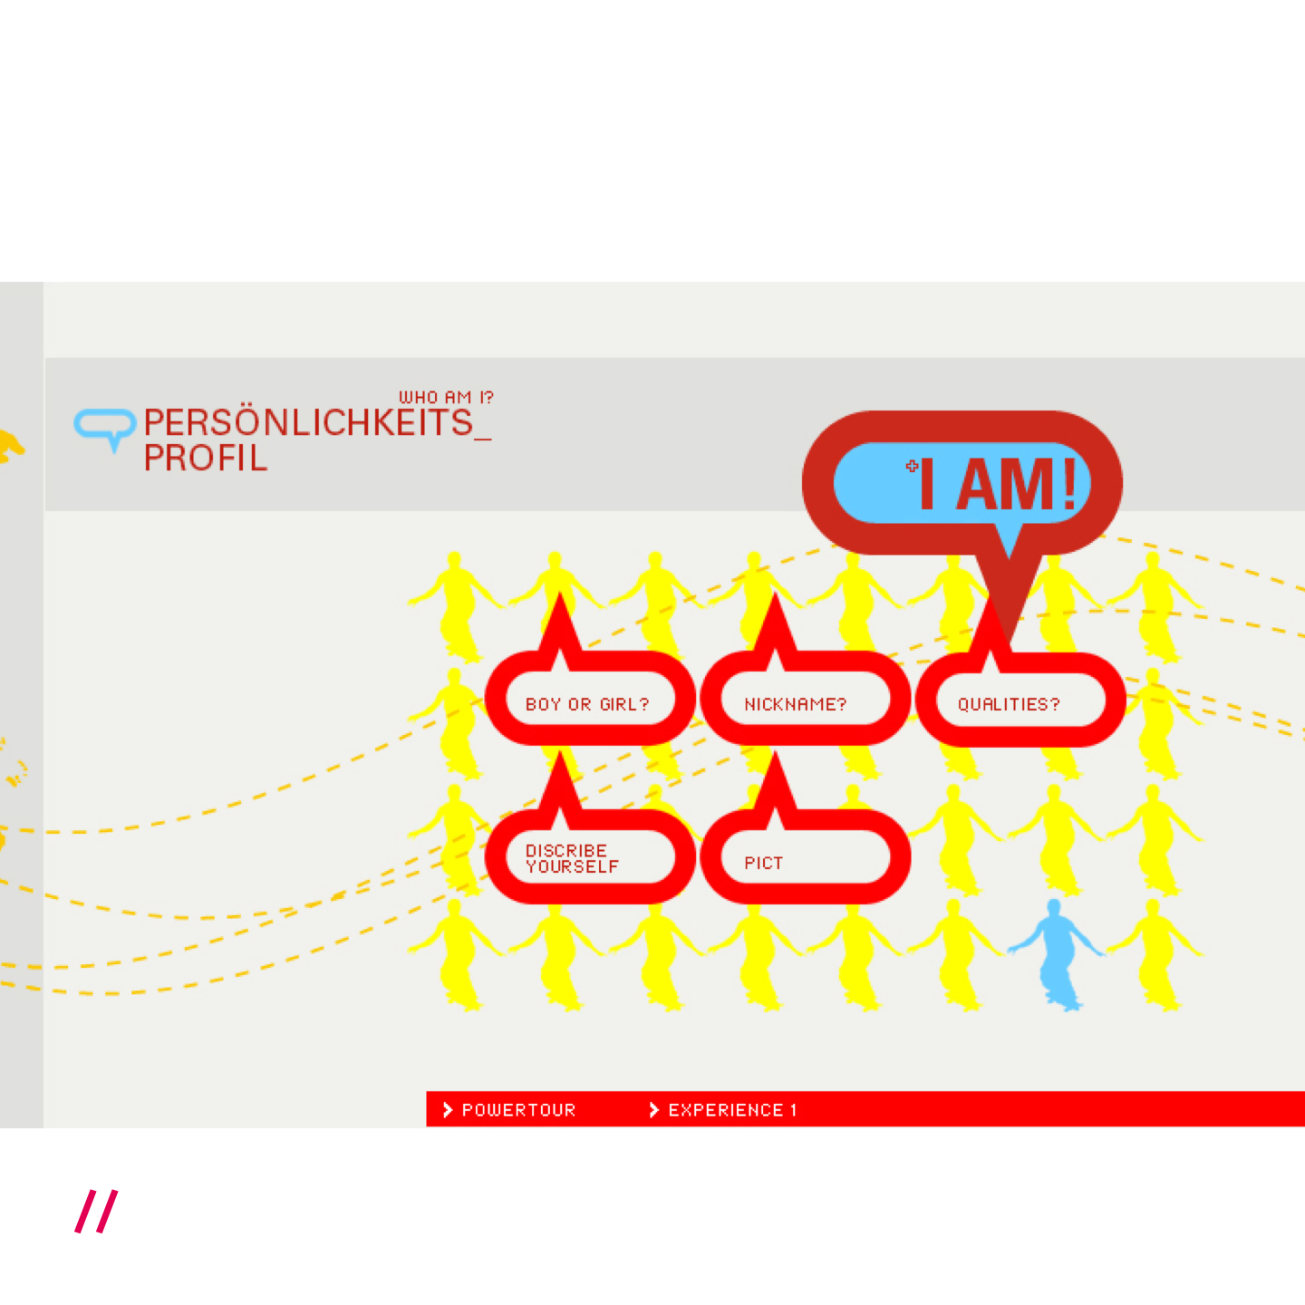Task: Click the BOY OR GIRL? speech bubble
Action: point(587,704)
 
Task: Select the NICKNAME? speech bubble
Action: point(795,704)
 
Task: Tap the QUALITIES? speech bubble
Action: point(1009,704)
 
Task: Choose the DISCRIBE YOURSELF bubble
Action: point(572,858)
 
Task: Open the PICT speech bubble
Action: point(763,863)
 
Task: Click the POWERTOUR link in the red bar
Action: point(518,1110)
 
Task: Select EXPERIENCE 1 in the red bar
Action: point(732,1110)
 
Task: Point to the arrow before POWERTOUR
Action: point(447,1110)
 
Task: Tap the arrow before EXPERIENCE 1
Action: point(653,1110)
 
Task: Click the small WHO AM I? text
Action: point(446,397)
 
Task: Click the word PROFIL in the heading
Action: point(206,459)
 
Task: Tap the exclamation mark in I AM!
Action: point(1069,484)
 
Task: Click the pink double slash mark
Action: point(96,1212)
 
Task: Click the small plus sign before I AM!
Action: point(912,466)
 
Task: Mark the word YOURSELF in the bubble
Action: point(572,867)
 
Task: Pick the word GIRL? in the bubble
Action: point(624,704)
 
